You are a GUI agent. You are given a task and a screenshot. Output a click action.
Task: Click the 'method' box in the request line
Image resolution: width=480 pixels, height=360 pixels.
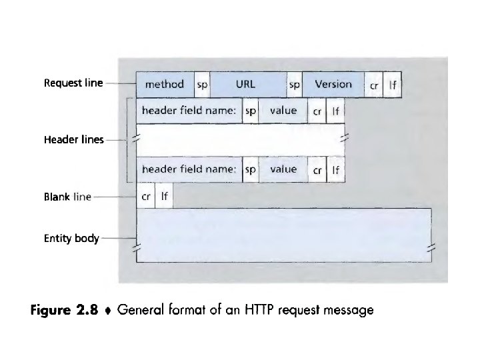click(x=165, y=85)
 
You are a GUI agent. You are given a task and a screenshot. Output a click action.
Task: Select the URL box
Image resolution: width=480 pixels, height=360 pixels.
click(x=245, y=85)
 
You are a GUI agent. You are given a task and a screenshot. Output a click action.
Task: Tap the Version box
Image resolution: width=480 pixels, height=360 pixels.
click(x=333, y=85)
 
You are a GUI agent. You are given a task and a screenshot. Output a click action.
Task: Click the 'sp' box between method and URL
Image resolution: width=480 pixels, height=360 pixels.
click(x=202, y=85)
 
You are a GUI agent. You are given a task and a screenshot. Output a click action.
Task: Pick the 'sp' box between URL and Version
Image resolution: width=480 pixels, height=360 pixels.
click(x=293, y=85)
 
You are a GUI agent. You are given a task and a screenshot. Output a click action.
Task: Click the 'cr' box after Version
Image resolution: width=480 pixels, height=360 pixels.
click(x=374, y=85)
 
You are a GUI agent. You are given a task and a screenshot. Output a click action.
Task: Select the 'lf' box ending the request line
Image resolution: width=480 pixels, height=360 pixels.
click(x=393, y=85)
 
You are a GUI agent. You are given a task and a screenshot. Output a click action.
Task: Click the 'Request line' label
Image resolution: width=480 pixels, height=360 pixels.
click(x=73, y=83)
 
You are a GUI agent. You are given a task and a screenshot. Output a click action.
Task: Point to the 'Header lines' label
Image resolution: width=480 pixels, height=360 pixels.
click(x=73, y=140)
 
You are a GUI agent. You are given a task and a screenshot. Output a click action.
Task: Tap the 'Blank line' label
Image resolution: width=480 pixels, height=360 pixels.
click(x=67, y=197)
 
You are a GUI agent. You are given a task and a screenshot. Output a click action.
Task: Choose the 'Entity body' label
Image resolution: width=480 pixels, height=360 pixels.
click(x=71, y=238)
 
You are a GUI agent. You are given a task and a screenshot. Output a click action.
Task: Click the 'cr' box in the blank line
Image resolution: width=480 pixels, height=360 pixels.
click(x=145, y=197)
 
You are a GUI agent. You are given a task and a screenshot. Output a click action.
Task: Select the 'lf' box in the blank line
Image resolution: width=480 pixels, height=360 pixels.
click(x=164, y=197)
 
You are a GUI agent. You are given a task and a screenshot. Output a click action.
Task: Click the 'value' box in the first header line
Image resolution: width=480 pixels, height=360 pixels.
click(x=283, y=111)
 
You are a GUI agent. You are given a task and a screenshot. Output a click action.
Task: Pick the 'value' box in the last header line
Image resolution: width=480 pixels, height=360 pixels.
click(x=283, y=169)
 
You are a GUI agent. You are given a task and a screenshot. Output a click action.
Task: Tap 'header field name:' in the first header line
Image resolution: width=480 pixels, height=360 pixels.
click(x=189, y=111)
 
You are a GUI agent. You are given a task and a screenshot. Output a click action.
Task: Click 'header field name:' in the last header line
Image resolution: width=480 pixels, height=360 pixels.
click(x=189, y=169)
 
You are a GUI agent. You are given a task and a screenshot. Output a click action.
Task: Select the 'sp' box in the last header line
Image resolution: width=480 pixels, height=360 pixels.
click(x=250, y=169)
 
